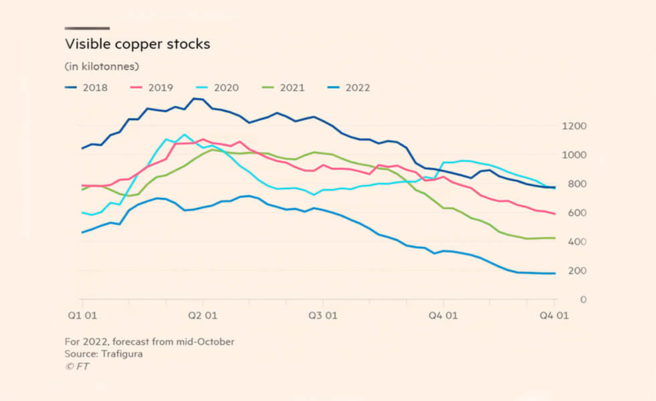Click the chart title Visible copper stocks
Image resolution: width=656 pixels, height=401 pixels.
point(137,44)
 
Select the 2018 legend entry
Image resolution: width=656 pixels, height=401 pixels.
point(86,88)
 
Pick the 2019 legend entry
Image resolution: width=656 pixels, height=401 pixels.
point(152,88)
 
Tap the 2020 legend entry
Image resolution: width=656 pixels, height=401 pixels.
point(218,88)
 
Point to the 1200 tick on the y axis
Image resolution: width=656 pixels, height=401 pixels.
point(556,126)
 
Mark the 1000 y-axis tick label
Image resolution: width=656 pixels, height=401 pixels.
point(556,155)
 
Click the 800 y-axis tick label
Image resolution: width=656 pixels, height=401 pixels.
point(558,184)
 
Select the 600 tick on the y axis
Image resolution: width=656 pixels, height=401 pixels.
point(558,213)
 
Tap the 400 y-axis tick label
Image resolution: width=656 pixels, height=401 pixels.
point(558,241)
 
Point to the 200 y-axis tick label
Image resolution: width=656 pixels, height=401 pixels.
point(558,271)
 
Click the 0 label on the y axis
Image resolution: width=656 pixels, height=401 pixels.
point(563,299)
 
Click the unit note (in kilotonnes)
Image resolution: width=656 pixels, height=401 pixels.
point(102,66)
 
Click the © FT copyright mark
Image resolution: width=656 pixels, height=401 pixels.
point(77,366)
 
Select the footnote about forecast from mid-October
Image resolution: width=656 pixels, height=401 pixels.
point(149,342)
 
